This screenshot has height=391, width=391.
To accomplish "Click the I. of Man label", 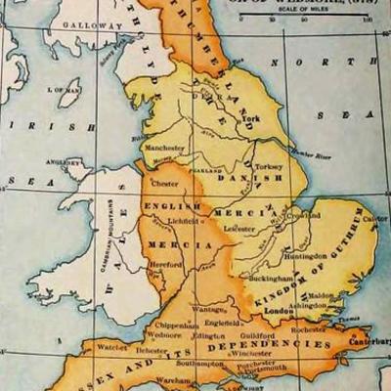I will (x=69, y=90).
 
